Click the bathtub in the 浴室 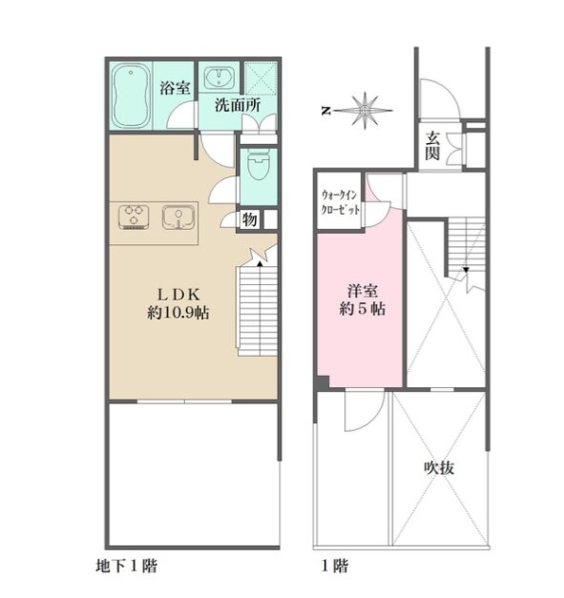[x=131, y=95]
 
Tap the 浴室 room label [x=175, y=88]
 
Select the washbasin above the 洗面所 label [x=219, y=78]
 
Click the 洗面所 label [x=238, y=105]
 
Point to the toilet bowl [x=259, y=165]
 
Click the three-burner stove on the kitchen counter [x=134, y=217]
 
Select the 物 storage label [x=249, y=219]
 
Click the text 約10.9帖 [x=178, y=313]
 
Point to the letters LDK [x=178, y=294]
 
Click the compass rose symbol [x=365, y=111]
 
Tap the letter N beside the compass [x=325, y=111]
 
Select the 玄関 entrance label [x=432, y=146]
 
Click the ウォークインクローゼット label [x=340, y=202]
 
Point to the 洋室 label [x=363, y=291]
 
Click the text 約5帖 [x=362, y=308]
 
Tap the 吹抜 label [x=440, y=467]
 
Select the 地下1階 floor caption [x=126, y=566]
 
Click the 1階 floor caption [x=335, y=566]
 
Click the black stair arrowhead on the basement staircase [x=260, y=263]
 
